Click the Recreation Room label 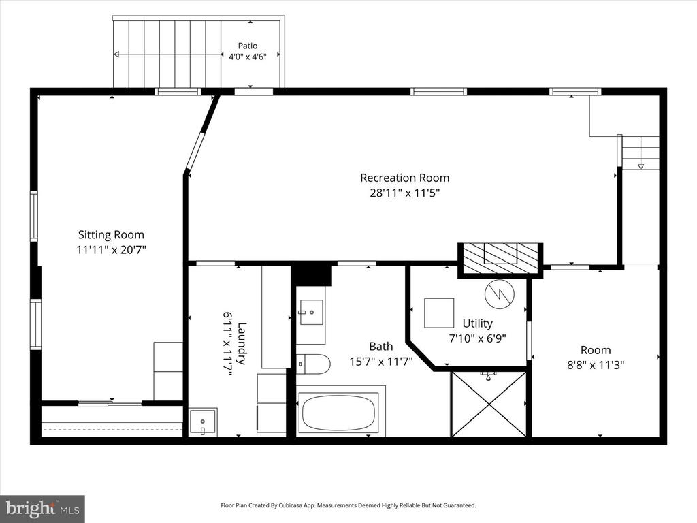coord(404,178)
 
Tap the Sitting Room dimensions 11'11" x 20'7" coord(111,250)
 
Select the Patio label coord(248,46)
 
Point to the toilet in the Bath coord(313,364)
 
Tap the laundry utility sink coord(203,422)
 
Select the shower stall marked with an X coord(489,404)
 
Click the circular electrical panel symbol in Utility coord(500,294)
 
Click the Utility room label coord(477,323)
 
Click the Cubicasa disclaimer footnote coord(348,505)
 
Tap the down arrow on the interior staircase coord(641,167)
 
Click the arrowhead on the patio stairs coord(116,54)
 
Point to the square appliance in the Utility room coord(439,313)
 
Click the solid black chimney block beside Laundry coord(313,274)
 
